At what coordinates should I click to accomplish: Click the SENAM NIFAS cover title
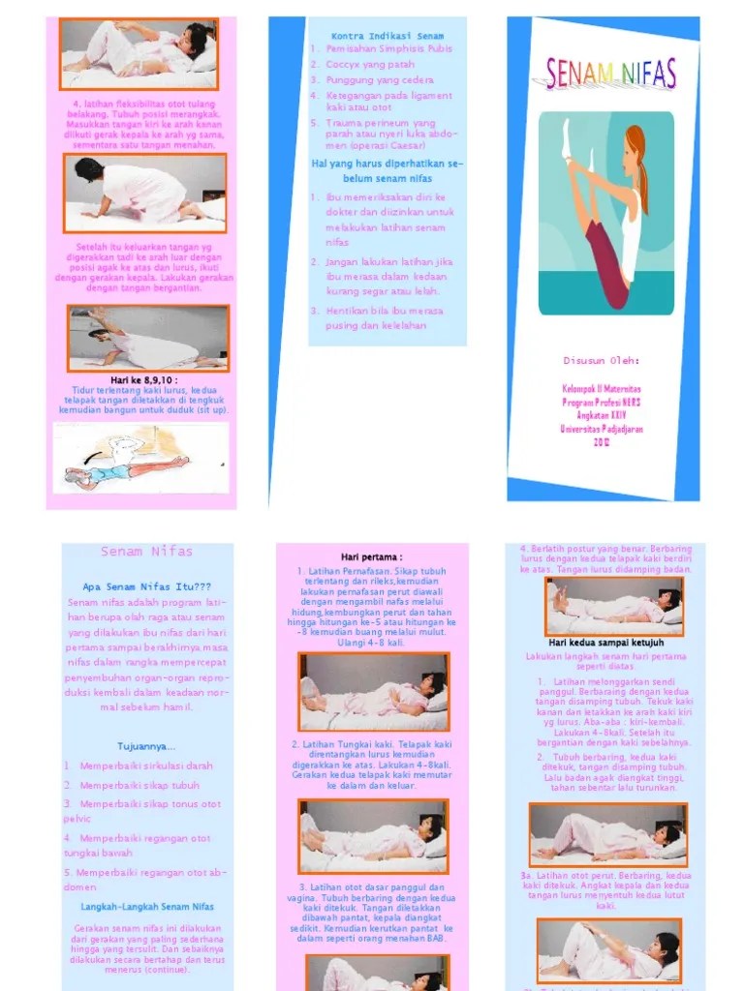click(x=610, y=74)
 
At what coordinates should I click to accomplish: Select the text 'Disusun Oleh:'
click(x=602, y=361)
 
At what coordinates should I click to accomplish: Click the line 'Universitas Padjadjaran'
click(x=602, y=428)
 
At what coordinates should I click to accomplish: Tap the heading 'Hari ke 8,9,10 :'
click(x=144, y=380)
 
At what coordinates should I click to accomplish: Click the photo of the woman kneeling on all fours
click(x=144, y=188)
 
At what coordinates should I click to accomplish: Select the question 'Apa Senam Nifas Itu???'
click(x=146, y=586)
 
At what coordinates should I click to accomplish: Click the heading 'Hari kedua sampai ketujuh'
click(x=604, y=642)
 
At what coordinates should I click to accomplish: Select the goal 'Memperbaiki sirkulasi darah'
click(x=145, y=766)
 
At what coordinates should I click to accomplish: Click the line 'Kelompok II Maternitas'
click(x=602, y=390)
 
